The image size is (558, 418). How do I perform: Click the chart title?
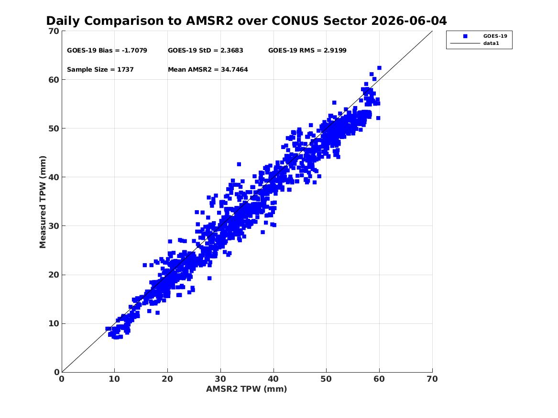click(x=246, y=21)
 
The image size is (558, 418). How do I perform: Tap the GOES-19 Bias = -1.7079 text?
click(x=107, y=51)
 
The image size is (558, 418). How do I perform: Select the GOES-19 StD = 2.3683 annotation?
click(x=205, y=51)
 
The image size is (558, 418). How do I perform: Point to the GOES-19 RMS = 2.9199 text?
click(x=307, y=51)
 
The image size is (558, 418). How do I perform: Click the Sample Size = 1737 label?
click(x=100, y=70)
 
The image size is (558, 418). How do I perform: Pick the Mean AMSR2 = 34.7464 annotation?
click(x=208, y=70)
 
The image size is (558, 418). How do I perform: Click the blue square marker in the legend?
click(x=465, y=36)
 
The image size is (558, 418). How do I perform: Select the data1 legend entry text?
click(x=491, y=43)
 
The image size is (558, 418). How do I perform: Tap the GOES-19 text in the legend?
click(x=495, y=36)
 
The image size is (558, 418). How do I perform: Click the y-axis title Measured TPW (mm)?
click(x=43, y=202)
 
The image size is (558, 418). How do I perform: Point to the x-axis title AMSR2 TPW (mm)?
click(x=247, y=389)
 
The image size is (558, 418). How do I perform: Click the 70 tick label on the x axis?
click(x=432, y=379)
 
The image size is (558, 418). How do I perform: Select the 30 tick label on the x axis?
click(x=220, y=379)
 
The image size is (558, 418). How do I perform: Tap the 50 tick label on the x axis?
click(x=326, y=379)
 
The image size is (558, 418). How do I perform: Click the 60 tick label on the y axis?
click(x=54, y=80)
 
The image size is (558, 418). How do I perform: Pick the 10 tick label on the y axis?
click(x=54, y=323)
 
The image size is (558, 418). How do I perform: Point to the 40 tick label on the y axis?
click(x=54, y=177)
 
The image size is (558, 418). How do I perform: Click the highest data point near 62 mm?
click(x=379, y=68)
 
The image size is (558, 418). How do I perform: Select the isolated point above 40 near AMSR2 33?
click(x=239, y=164)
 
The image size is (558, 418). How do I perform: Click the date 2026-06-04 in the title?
click(x=409, y=21)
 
